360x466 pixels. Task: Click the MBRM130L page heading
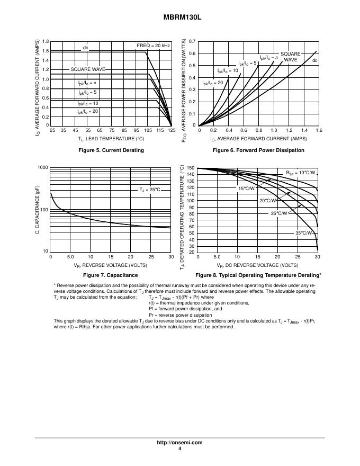click(180, 17)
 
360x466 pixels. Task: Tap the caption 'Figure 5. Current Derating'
click(111, 150)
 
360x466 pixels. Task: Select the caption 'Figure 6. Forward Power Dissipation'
click(258, 150)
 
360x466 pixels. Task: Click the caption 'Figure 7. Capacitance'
click(111, 275)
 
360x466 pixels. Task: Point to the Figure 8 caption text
click(258, 275)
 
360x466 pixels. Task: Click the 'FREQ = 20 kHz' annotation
click(153, 47)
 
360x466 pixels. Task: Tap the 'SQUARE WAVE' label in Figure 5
click(88, 69)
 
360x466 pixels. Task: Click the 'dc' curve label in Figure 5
click(85, 48)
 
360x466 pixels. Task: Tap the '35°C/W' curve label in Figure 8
click(303, 233)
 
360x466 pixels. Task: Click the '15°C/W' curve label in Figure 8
click(246, 189)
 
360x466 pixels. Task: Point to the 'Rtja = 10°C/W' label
click(300, 173)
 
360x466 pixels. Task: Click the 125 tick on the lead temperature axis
click(172, 130)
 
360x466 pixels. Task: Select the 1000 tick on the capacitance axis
click(43, 167)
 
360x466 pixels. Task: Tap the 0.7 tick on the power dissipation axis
click(192, 41)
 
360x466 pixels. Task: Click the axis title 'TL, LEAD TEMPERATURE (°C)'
click(111, 139)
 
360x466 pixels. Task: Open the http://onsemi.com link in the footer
click(180, 442)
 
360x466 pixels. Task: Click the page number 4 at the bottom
click(180, 449)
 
